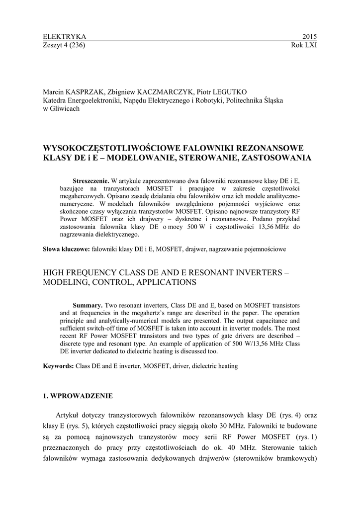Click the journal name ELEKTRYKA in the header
(x=65, y=37)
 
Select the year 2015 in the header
(x=309, y=37)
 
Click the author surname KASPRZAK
(x=84, y=92)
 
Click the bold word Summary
(x=88, y=304)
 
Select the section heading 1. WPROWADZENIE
(x=78, y=396)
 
